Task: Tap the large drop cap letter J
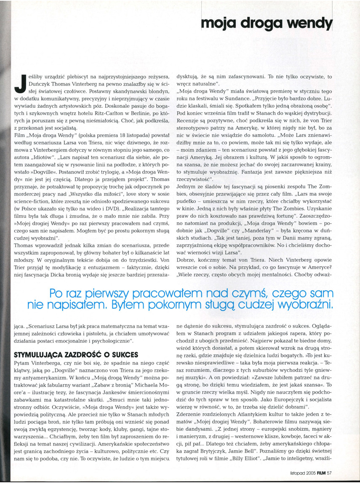19,82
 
